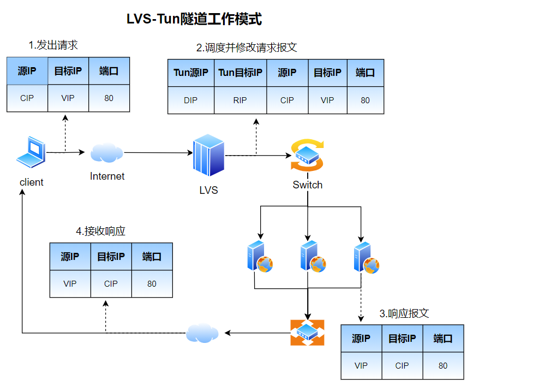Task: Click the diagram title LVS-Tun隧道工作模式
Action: tap(194, 20)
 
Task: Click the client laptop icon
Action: tap(31, 151)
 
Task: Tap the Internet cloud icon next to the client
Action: tap(106, 152)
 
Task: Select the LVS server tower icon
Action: tap(208, 156)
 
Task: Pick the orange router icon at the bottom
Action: tap(307, 333)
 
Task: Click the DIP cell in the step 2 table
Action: tap(190, 100)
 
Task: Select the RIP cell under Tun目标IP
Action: tap(240, 100)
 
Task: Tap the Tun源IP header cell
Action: tap(190, 73)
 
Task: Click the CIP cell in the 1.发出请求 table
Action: tap(27, 98)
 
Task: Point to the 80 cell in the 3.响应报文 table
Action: tap(443, 366)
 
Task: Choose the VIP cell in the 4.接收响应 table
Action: tap(70, 283)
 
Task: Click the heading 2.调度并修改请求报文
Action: tap(247, 48)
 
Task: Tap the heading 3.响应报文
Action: tap(404, 313)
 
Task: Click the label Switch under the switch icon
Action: tap(307, 185)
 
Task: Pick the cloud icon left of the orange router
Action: tap(202, 333)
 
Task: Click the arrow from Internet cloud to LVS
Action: tap(158, 153)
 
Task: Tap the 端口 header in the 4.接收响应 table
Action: tap(152, 257)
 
